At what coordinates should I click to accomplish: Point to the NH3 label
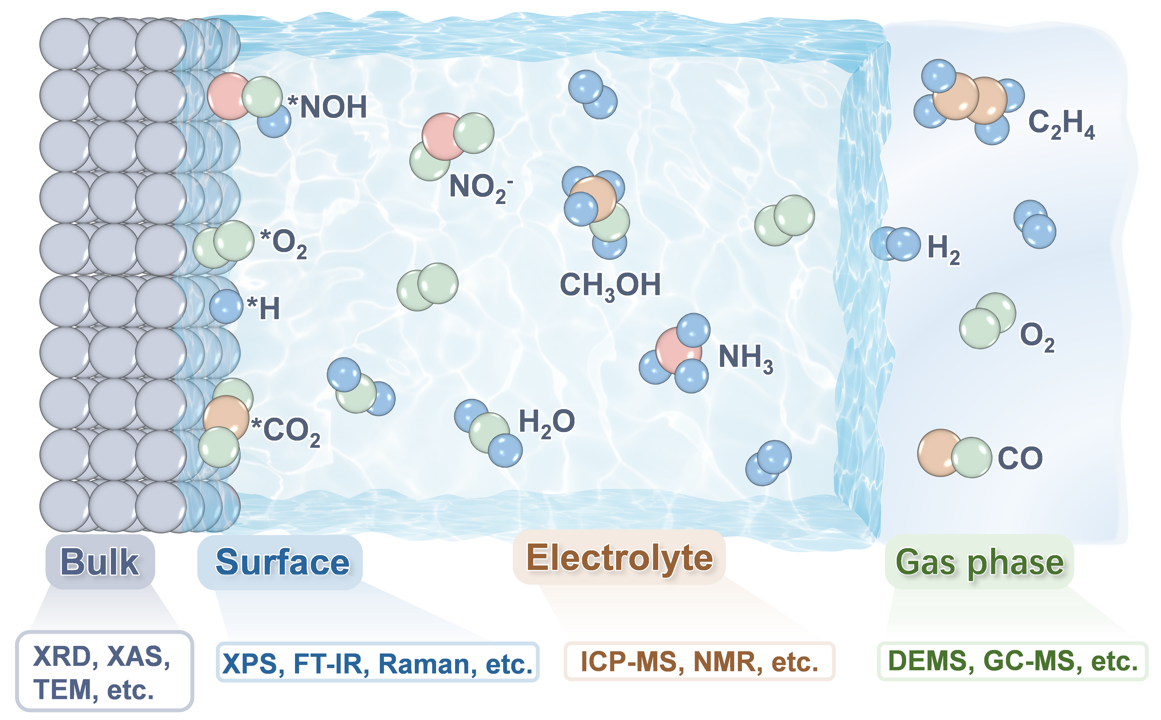point(745,357)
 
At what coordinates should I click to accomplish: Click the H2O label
point(546,422)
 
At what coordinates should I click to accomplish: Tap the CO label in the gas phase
point(1020,458)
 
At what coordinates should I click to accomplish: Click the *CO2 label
point(286,431)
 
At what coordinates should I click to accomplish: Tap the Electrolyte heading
point(619,558)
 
